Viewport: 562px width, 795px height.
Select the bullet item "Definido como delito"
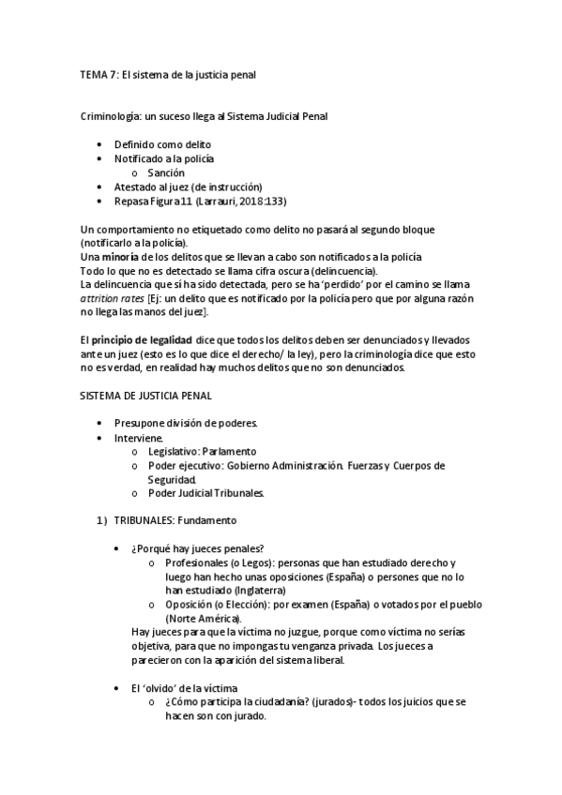(162, 144)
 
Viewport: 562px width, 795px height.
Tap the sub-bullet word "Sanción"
(166, 172)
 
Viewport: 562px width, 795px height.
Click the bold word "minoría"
(120, 257)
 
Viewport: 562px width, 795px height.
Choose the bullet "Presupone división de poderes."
(186, 424)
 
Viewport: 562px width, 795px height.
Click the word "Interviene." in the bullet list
(140, 438)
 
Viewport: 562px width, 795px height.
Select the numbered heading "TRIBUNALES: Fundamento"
(175, 519)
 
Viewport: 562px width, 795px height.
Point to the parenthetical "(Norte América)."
(203, 620)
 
